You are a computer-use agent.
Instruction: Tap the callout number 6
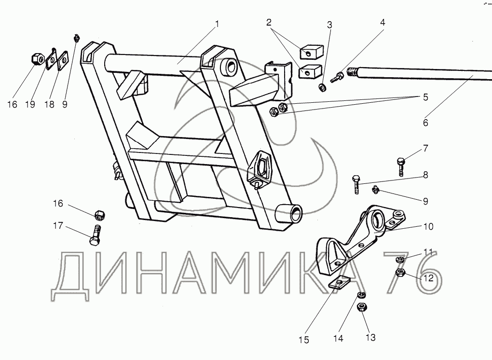click(x=425, y=123)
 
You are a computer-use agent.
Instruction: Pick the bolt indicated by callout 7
click(x=401, y=166)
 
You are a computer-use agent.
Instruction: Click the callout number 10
click(x=428, y=226)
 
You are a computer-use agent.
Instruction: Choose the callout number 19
click(x=30, y=104)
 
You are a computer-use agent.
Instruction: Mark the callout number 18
click(x=48, y=104)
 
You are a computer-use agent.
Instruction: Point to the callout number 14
click(x=339, y=339)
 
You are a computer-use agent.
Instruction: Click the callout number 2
click(x=269, y=22)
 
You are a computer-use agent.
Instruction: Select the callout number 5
click(x=425, y=97)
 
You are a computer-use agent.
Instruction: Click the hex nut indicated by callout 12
click(x=400, y=274)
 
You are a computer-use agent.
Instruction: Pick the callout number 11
click(x=428, y=252)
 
